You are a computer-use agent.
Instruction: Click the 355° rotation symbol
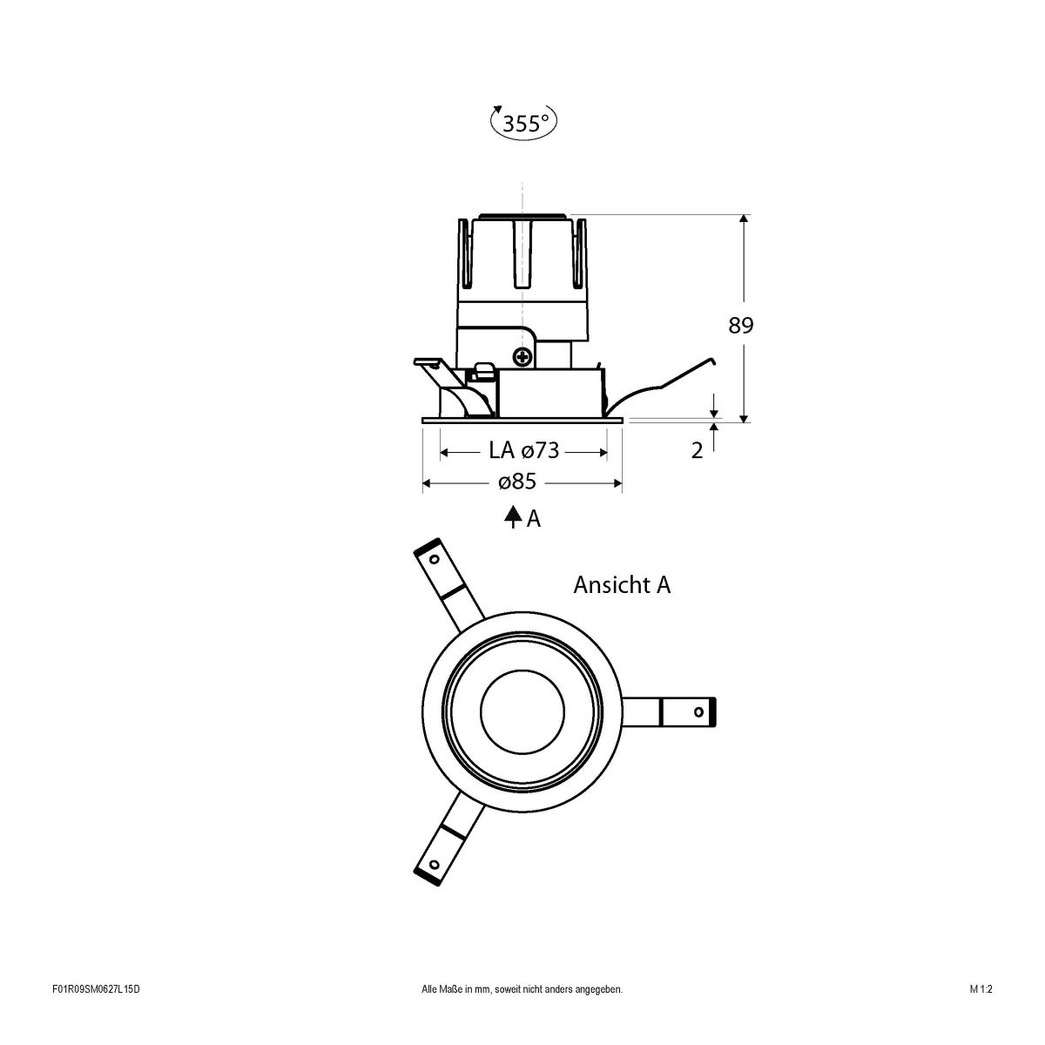(x=523, y=123)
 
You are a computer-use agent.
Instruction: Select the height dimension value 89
(x=741, y=326)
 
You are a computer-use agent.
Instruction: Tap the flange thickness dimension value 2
(x=697, y=451)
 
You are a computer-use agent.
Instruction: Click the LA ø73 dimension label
(x=523, y=450)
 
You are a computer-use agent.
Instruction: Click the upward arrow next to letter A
(x=513, y=517)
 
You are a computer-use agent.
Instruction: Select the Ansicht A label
(x=622, y=585)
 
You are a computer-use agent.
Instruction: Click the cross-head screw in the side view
(x=522, y=355)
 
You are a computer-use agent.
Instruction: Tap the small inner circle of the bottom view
(x=521, y=711)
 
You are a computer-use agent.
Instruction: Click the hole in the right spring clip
(x=698, y=711)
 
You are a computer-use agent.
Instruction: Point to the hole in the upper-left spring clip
(x=433, y=558)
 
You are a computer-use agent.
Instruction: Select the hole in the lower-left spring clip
(x=433, y=865)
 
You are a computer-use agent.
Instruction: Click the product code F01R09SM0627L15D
(x=96, y=1014)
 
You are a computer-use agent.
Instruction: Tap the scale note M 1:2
(x=981, y=1014)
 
